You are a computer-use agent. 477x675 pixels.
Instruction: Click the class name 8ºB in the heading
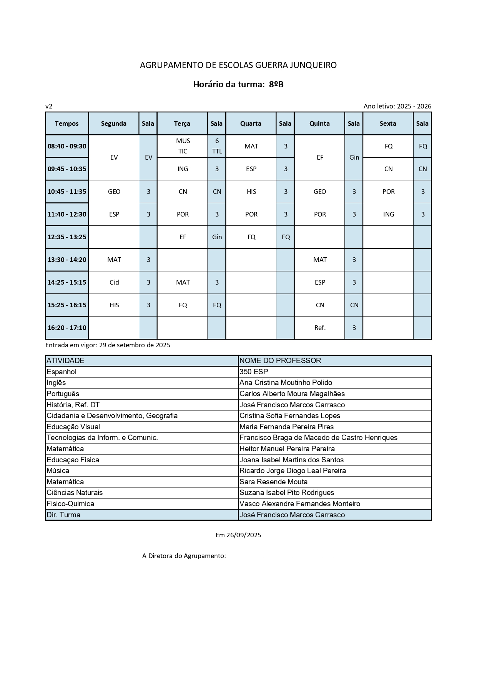(x=276, y=85)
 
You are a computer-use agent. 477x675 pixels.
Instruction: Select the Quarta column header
(x=251, y=123)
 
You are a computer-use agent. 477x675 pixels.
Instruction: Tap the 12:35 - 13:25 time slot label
(x=67, y=237)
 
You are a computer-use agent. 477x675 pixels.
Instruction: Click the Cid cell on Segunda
(x=114, y=282)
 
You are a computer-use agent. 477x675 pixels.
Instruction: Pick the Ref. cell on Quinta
(x=320, y=328)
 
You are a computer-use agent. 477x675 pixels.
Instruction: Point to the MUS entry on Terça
(x=183, y=141)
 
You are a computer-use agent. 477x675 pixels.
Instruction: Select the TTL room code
(x=217, y=151)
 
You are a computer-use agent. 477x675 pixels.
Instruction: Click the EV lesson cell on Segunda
(x=114, y=157)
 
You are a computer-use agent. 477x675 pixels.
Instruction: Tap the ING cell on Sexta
(x=389, y=214)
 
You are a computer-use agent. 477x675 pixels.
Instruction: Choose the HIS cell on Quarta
(x=251, y=192)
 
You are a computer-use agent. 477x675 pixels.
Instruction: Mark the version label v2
(x=49, y=106)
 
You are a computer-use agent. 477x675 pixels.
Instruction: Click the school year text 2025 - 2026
(x=414, y=106)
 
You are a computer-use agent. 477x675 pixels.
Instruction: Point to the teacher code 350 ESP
(x=254, y=372)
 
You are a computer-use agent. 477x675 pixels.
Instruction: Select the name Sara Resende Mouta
(x=273, y=482)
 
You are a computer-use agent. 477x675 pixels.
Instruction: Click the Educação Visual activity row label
(x=73, y=427)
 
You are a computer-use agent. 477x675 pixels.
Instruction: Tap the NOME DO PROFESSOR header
(x=280, y=360)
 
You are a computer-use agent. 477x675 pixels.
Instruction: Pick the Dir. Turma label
(x=63, y=515)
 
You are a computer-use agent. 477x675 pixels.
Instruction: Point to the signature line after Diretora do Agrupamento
(x=281, y=557)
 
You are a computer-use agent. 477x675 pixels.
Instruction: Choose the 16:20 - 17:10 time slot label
(x=67, y=328)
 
